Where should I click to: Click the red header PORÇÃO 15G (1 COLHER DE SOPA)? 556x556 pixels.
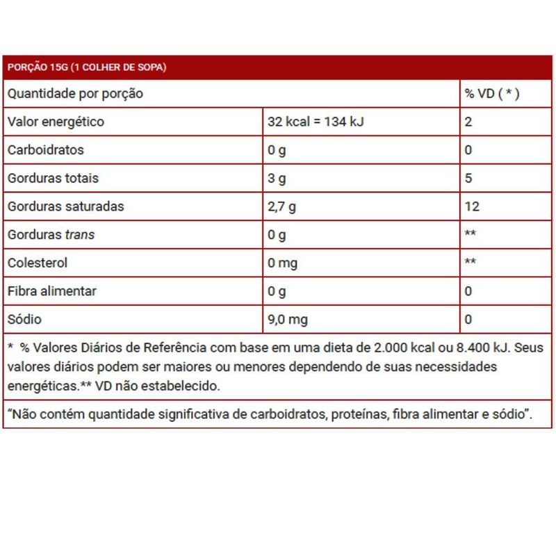click(86, 67)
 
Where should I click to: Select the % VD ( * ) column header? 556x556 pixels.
click(491, 94)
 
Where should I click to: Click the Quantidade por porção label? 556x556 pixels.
click(75, 94)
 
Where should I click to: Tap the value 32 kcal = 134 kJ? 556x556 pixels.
click(316, 122)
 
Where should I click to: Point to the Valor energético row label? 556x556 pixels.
click(56, 122)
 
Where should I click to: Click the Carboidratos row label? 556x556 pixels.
click(45, 150)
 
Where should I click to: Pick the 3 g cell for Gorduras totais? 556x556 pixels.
click(277, 179)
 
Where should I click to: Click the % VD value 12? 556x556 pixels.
click(472, 206)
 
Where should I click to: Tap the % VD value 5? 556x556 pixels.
click(468, 179)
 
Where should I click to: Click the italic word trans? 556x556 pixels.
click(79, 235)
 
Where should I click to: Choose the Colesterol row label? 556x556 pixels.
click(39, 263)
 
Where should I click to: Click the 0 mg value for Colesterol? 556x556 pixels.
click(282, 263)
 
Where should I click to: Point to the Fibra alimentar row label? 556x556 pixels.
click(52, 291)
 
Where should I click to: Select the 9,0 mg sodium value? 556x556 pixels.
click(288, 320)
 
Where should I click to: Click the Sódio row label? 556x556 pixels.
click(25, 320)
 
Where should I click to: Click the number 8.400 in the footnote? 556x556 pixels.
click(467, 347)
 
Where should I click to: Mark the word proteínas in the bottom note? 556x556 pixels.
click(359, 415)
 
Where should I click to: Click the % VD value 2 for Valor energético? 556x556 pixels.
click(468, 122)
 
